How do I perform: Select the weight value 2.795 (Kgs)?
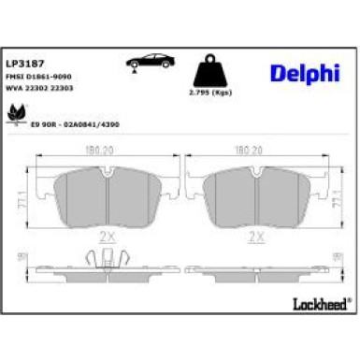[213, 94]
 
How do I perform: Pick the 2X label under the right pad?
[252, 238]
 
